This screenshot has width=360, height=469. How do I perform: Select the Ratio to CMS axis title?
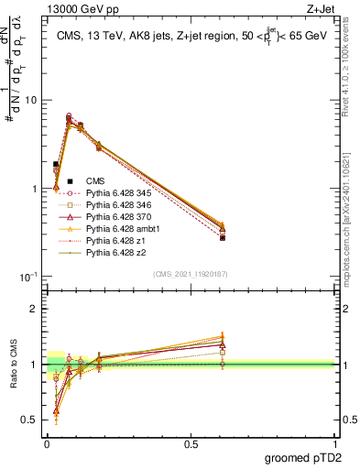(12, 365)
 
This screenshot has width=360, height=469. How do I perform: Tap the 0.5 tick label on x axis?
(191, 442)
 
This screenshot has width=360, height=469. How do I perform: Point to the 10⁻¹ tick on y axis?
(27, 276)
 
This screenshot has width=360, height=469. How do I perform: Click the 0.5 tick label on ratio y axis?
(29, 420)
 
